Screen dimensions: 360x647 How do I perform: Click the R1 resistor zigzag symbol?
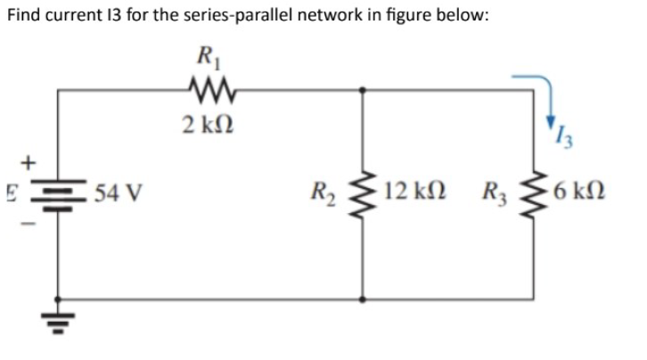210,89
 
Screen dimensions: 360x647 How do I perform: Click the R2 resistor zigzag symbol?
362,193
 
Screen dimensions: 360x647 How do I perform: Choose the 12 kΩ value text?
409,191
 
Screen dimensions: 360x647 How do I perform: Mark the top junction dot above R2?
362,89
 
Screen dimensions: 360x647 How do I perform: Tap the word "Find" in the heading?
25,19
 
